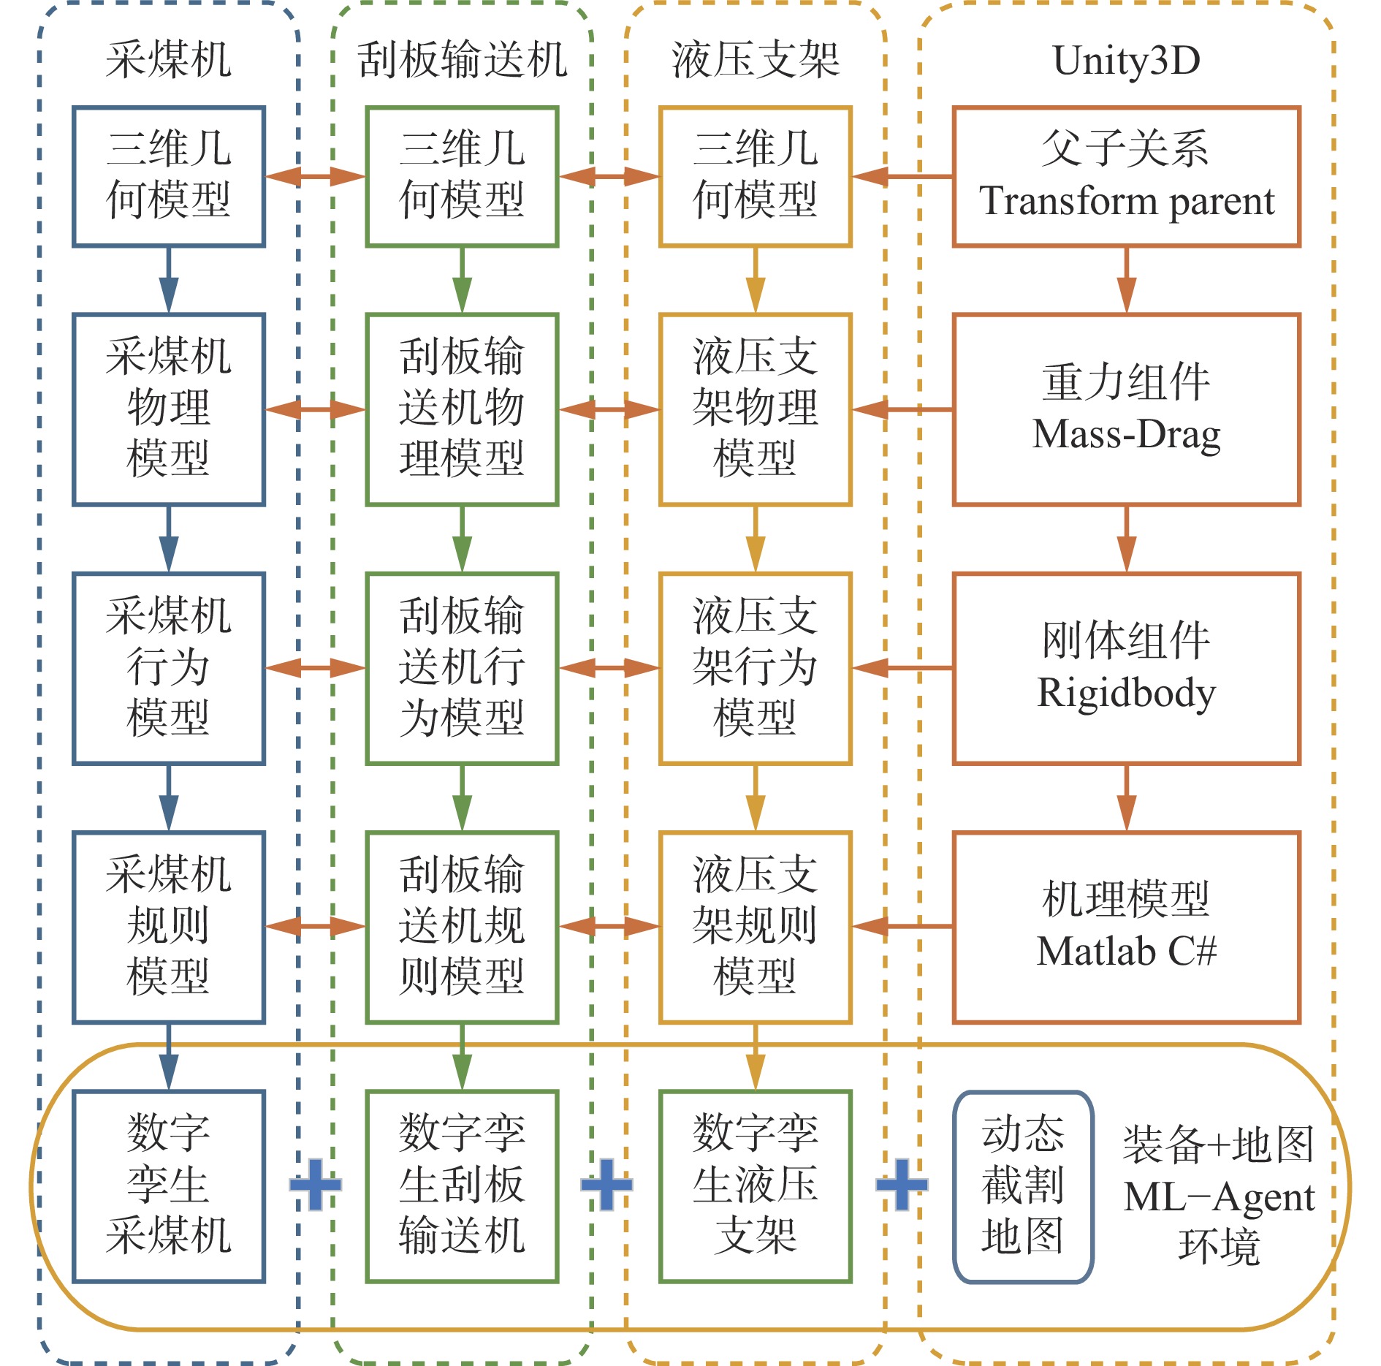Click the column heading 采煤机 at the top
pos(168,60)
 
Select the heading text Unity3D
pos(1126,60)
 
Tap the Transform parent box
pos(1126,176)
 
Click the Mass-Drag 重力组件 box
pos(1126,409)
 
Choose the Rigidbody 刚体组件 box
pos(1126,668)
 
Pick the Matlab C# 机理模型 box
pos(1126,927)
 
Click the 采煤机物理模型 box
pos(168,409)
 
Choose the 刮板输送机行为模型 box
pos(462,668)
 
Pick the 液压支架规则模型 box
pos(755,927)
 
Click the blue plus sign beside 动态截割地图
pos(902,1184)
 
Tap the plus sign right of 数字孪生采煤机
pos(315,1184)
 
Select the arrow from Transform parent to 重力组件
pos(1126,280)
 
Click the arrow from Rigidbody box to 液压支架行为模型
pos(902,668)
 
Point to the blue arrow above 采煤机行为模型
pos(168,539)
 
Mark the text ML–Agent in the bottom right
pos(1219,1197)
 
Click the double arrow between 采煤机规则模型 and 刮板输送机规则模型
pos(315,927)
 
